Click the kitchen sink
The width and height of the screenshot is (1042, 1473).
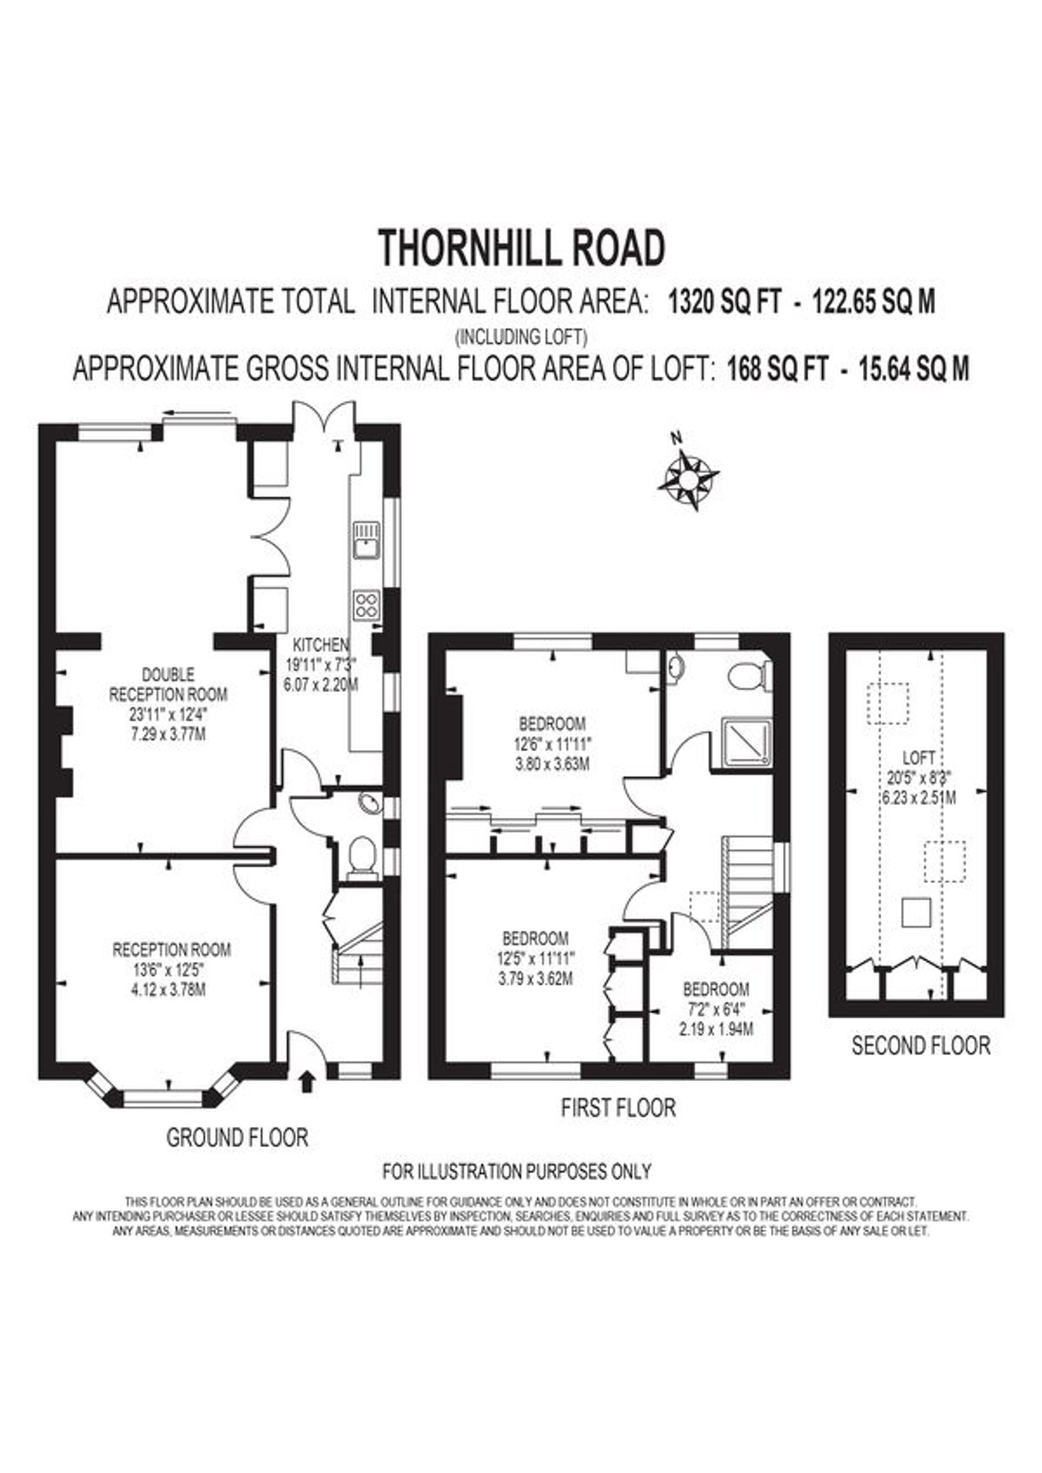366,540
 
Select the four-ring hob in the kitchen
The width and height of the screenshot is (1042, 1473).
366,604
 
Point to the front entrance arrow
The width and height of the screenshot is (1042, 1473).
307,1081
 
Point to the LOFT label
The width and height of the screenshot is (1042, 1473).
919,758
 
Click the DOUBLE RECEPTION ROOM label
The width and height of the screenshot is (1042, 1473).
168,684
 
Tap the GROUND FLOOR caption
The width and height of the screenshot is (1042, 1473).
238,1137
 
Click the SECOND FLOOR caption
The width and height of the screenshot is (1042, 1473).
921,1046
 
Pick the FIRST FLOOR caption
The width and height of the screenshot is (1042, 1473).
618,1107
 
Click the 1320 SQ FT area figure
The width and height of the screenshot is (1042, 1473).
724,302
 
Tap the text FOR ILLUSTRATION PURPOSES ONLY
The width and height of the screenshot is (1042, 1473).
516,1171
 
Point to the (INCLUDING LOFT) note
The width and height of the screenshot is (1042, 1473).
521,336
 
